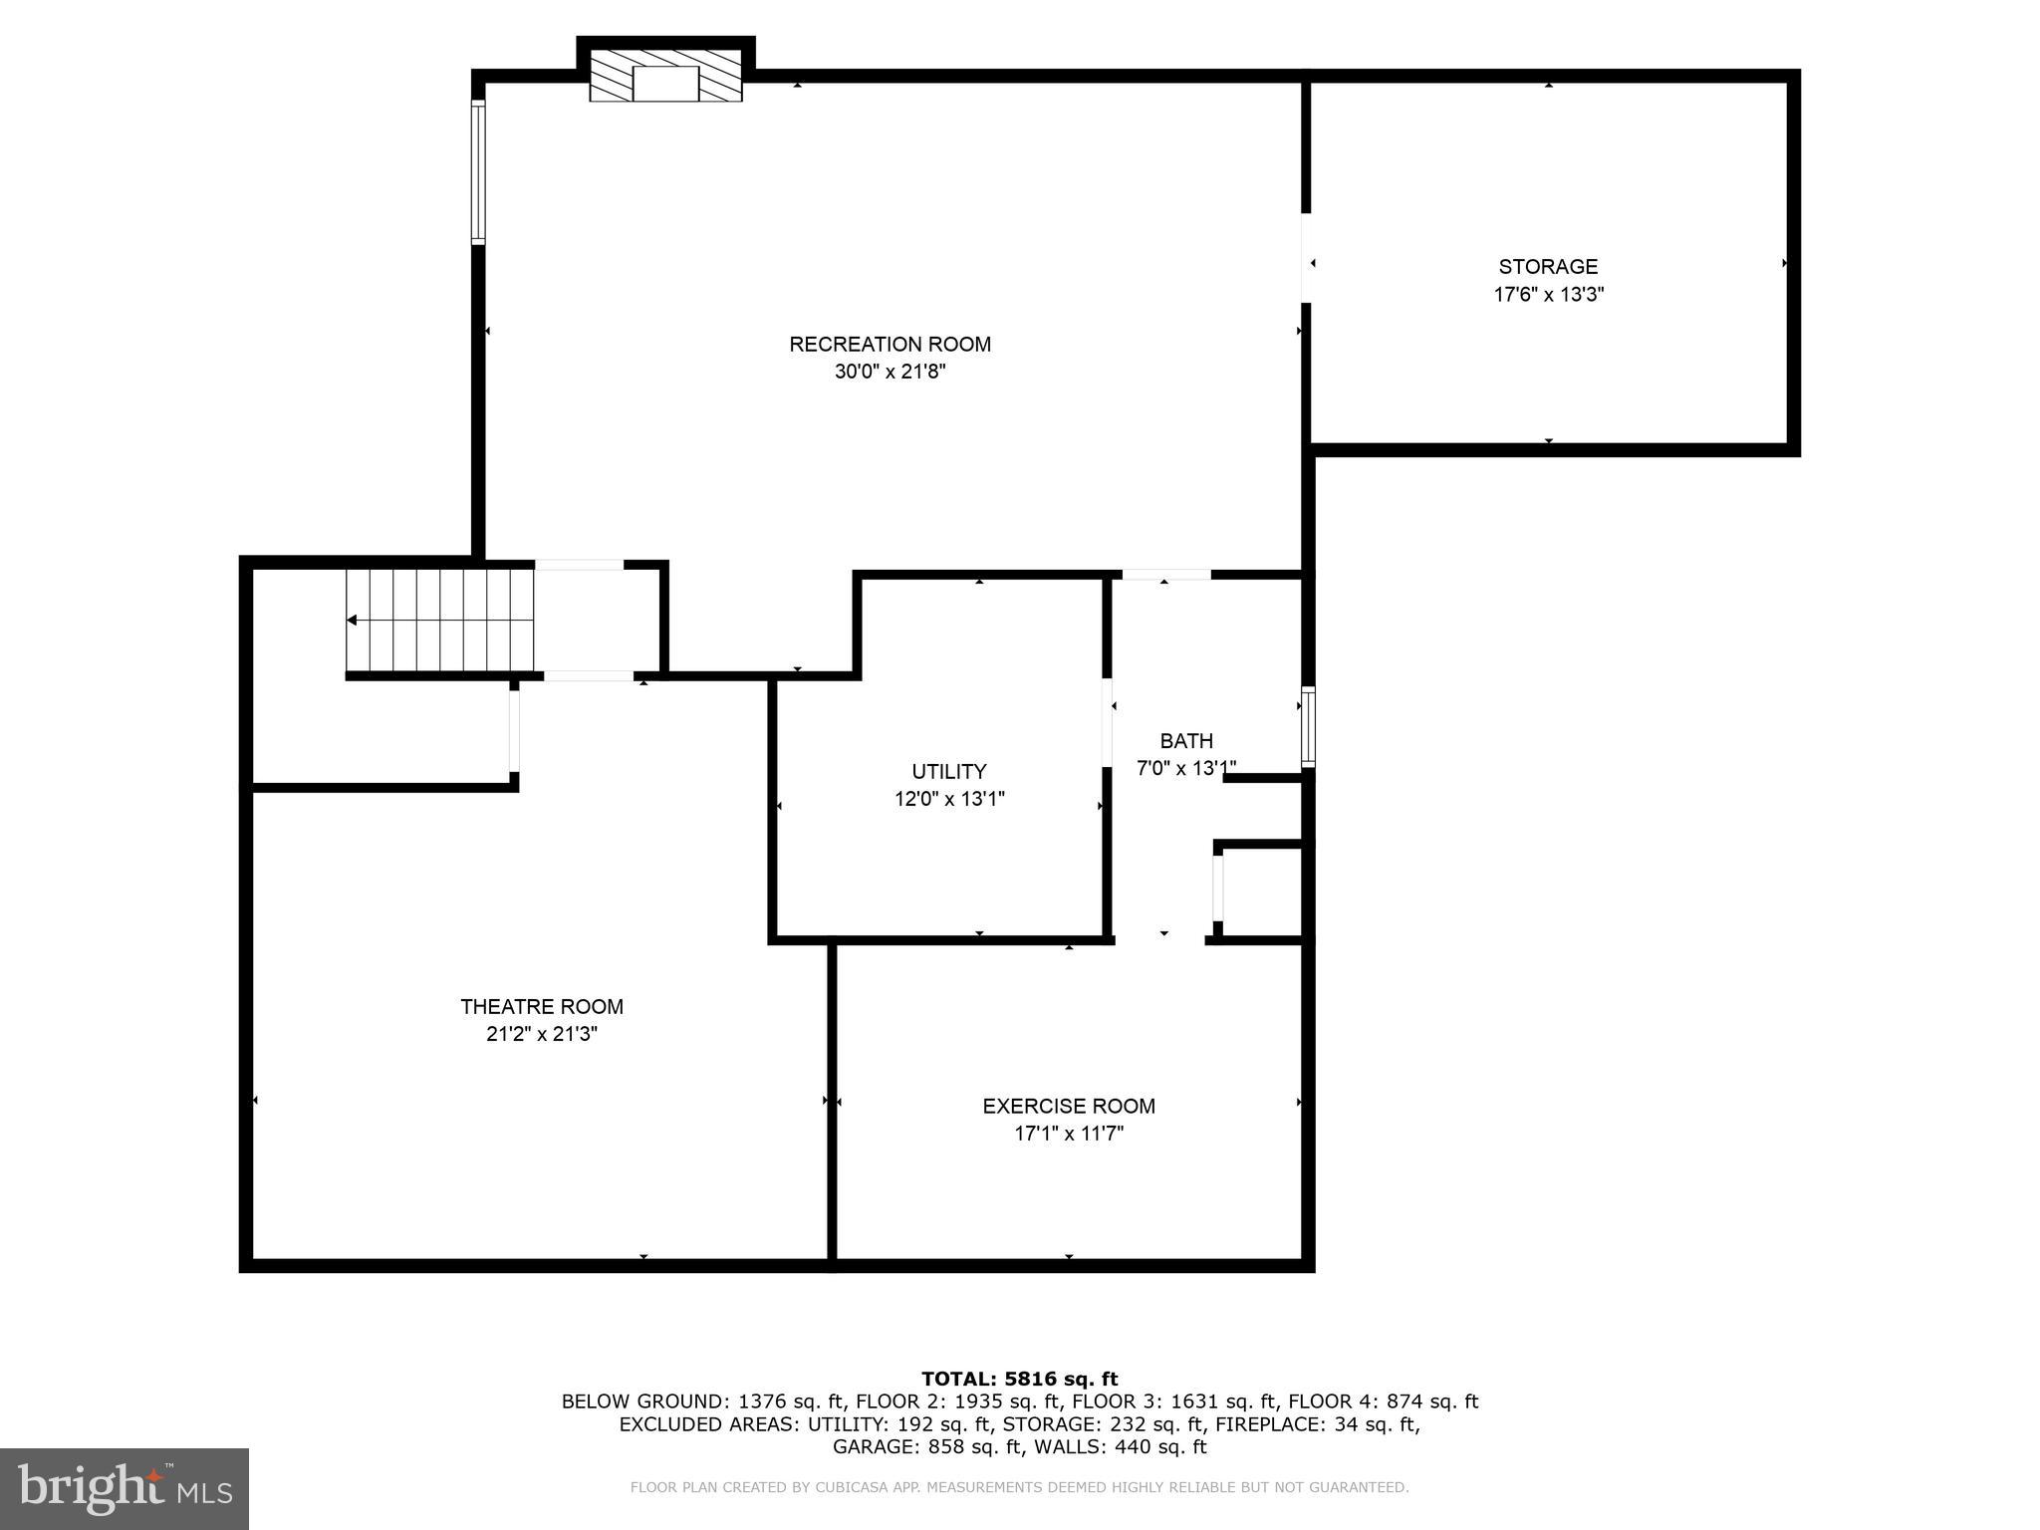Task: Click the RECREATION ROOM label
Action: (x=890, y=345)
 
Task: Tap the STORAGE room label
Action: (x=1548, y=267)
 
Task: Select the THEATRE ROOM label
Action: (x=542, y=1007)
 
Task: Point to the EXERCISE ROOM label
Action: (x=1069, y=1106)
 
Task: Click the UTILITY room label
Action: (x=949, y=771)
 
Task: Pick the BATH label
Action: (x=1186, y=741)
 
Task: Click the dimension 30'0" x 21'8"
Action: (x=890, y=373)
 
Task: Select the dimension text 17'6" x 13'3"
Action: (x=1548, y=295)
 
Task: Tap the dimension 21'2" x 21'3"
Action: (x=542, y=1035)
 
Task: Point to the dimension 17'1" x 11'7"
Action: (x=1069, y=1134)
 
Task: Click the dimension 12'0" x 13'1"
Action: (x=949, y=799)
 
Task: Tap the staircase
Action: (x=439, y=620)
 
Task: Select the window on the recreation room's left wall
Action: (x=478, y=172)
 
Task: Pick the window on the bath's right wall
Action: (x=1309, y=727)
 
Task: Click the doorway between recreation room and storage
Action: (x=1306, y=257)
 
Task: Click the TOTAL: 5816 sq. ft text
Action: (x=1019, y=1380)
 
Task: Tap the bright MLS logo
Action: (x=125, y=1489)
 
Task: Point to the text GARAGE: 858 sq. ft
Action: (x=927, y=1447)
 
